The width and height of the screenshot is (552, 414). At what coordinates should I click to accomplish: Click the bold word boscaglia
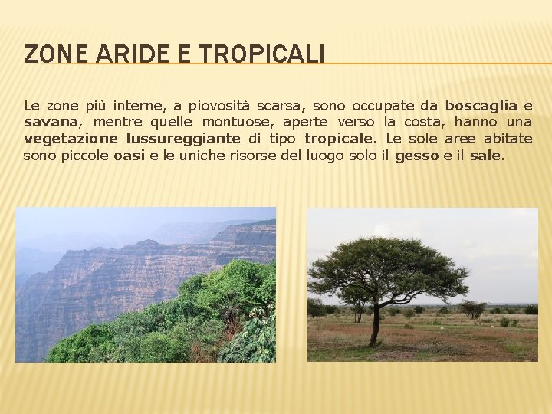click(481, 105)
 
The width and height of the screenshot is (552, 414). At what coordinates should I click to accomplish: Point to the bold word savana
click(51, 122)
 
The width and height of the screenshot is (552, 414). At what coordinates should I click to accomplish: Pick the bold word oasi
click(130, 156)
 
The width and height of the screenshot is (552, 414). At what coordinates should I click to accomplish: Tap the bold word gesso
click(417, 156)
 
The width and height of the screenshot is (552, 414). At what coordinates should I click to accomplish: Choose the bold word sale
click(485, 156)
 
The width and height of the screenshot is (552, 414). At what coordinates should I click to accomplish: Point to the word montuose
click(240, 122)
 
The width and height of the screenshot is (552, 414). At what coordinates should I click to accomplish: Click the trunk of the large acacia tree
click(375, 326)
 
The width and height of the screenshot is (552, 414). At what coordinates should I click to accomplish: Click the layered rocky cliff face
click(115, 276)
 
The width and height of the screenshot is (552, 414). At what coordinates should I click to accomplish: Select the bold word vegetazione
click(71, 139)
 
